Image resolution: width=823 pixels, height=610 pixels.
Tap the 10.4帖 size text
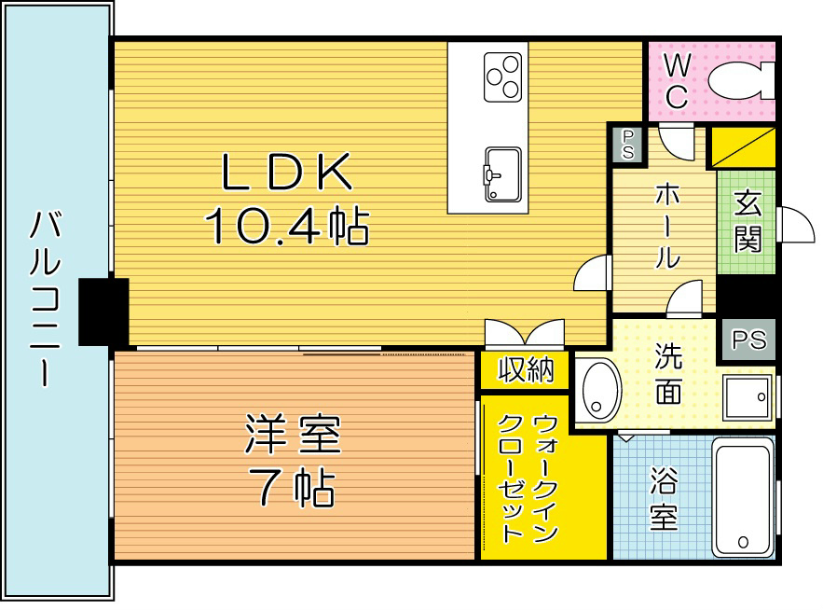(x=286, y=225)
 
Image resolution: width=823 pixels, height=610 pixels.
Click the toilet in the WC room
(x=741, y=80)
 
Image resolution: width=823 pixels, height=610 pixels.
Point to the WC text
(x=677, y=80)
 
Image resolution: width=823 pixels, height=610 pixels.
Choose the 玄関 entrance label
(x=748, y=222)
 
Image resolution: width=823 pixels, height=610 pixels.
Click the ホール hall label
(x=665, y=225)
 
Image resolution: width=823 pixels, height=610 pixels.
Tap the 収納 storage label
(x=525, y=370)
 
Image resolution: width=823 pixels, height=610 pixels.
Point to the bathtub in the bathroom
(x=743, y=499)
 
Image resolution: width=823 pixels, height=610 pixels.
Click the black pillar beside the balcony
(x=103, y=312)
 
